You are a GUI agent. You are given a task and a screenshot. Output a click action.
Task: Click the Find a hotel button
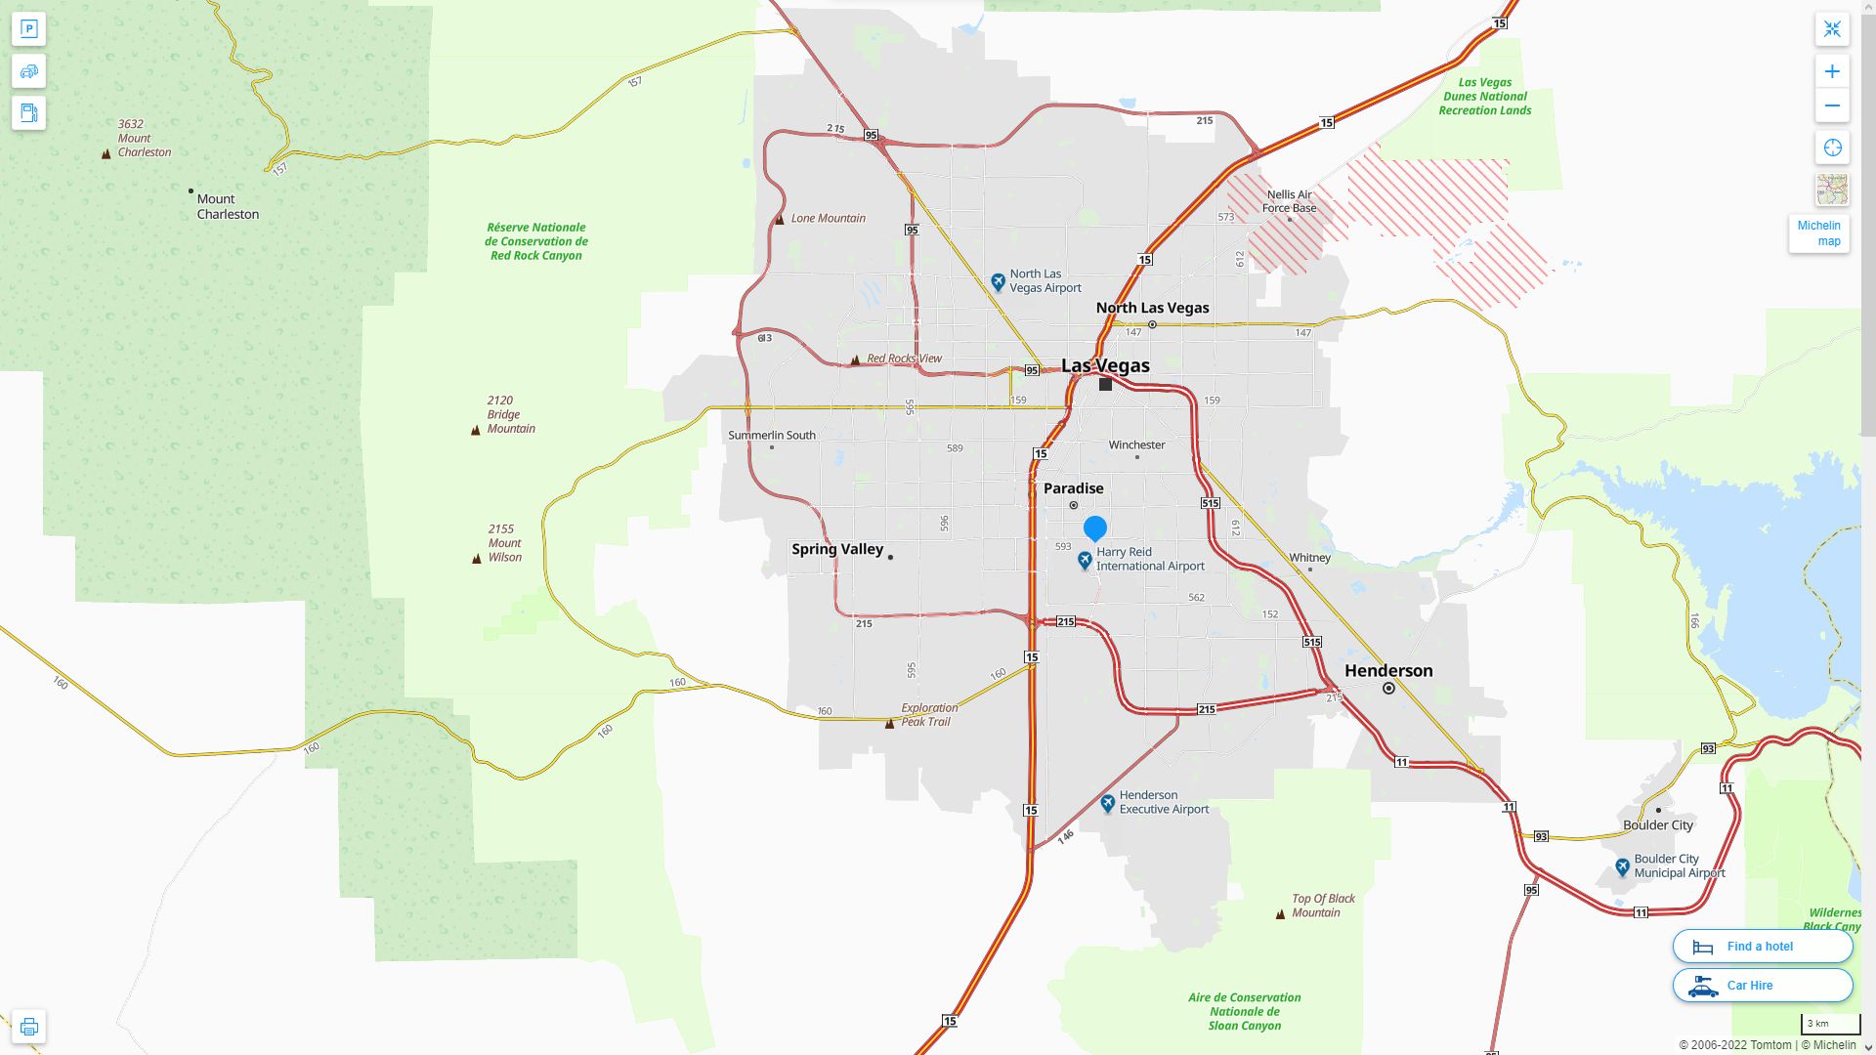(1762, 947)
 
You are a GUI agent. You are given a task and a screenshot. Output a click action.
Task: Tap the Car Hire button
(1762, 986)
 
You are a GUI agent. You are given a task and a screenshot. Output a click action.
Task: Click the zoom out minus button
(1832, 105)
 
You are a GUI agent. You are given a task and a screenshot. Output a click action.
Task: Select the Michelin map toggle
(1818, 233)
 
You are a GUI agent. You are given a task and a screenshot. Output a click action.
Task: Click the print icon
(28, 1027)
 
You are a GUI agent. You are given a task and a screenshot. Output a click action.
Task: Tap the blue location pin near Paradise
(1095, 527)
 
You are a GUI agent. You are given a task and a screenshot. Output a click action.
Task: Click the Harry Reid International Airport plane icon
(1085, 561)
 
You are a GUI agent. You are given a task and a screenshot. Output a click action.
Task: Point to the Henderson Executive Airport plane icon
(1107, 803)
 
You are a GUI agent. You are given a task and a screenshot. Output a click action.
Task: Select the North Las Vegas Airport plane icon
(998, 282)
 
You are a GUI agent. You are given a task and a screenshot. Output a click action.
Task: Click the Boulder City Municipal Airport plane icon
(1622, 867)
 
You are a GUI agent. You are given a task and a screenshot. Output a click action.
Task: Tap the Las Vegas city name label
(1105, 365)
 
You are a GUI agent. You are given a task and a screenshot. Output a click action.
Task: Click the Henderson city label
(1387, 670)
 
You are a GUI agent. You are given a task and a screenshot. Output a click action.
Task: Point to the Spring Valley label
(837, 549)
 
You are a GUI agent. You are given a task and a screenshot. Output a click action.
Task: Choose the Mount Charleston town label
(228, 206)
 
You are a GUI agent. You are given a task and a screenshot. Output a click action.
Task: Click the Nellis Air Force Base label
(1289, 201)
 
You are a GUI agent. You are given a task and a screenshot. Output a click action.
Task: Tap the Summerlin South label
(771, 435)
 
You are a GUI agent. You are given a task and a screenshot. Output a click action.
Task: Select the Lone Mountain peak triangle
(780, 220)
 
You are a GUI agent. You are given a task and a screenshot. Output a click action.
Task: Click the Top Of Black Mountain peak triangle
(1280, 914)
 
